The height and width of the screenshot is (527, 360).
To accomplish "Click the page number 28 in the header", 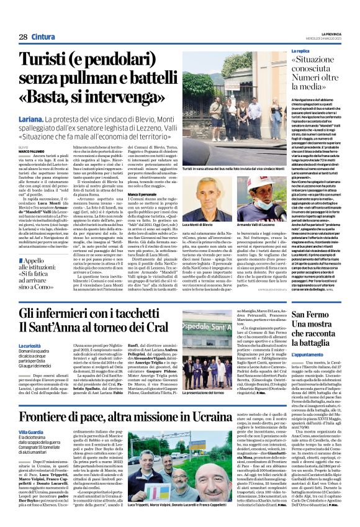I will [x=23, y=37].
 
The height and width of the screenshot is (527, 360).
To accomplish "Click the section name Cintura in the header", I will [x=44, y=37].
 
